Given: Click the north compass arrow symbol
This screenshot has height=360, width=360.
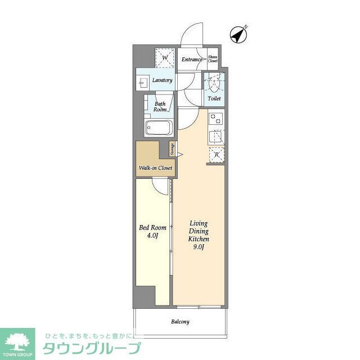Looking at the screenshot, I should click(239, 34).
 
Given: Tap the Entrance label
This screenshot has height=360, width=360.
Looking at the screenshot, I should click(192, 59).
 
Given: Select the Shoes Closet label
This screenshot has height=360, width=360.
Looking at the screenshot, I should click(213, 59).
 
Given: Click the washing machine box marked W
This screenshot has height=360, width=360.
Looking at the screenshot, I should click(165, 58).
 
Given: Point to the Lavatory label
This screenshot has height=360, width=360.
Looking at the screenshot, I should click(161, 80).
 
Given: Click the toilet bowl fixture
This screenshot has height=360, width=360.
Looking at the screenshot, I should click(214, 84).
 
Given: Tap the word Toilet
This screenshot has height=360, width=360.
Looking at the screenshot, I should click(214, 99).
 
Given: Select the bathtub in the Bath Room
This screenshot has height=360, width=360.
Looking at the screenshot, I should click(160, 128).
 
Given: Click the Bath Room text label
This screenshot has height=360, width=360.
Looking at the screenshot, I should click(160, 107).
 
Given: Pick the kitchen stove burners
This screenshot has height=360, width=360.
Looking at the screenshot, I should click(215, 119).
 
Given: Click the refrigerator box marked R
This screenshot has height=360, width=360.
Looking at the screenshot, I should click(215, 155).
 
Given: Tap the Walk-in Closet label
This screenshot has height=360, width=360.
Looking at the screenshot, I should click(155, 168).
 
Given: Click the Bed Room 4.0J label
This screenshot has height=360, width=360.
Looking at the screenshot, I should click(152, 232).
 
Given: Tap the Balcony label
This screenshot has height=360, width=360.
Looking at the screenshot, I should click(180, 322).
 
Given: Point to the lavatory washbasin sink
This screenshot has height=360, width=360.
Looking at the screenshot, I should click(142, 83).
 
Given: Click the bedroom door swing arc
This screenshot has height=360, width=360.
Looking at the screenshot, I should click(161, 187).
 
